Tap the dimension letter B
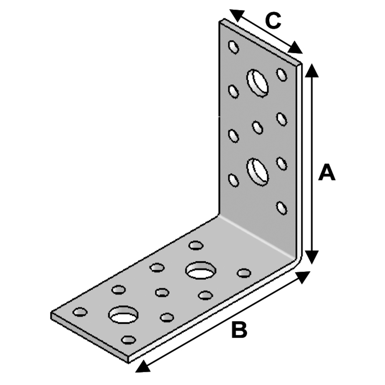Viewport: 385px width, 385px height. pyautogui.click(x=239, y=330)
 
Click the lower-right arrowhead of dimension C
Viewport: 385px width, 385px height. pyautogui.click(x=296, y=48)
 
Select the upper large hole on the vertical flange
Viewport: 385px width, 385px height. pyautogui.click(x=258, y=82)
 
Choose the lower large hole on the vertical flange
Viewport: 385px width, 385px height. pyautogui.click(x=258, y=171)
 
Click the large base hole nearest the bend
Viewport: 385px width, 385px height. pyautogui.click(x=201, y=271)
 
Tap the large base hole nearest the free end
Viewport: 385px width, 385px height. pyautogui.click(x=123, y=315)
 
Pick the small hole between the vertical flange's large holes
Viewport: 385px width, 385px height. pyautogui.click(x=257, y=127)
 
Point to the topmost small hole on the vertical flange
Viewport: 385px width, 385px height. pyautogui.click(x=233, y=47)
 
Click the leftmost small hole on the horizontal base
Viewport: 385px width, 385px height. pyautogui.click(x=80, y=312)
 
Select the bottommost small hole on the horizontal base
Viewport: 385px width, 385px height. pyautogui.click(x=128, y=340)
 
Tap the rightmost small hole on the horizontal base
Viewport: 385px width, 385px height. pyautogui.click(x=244, y=273)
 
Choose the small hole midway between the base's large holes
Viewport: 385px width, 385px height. pyautogui.click(x=162, y=293)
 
